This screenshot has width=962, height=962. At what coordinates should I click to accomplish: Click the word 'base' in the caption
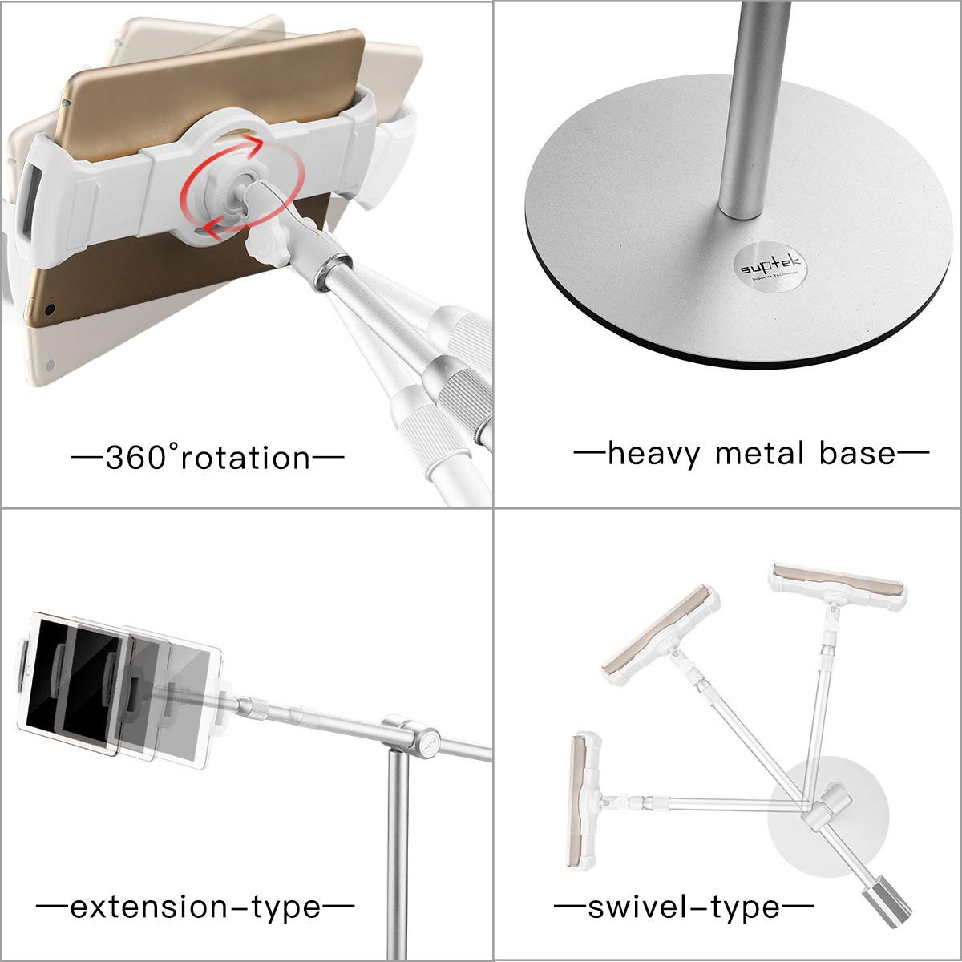856,454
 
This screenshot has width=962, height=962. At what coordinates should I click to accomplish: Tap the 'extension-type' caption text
196,907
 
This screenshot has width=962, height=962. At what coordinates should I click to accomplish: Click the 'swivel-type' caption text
684,907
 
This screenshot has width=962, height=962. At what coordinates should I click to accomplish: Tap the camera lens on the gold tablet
51,308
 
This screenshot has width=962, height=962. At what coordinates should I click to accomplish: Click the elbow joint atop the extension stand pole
410,734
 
